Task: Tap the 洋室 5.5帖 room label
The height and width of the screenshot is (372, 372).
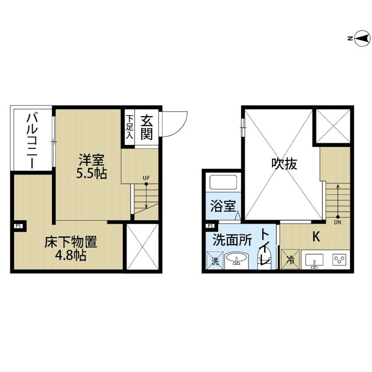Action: click(x=91, y=166)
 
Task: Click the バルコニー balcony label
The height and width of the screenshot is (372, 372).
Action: click(x=33, y=141)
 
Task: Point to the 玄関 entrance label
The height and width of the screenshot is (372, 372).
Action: click(x=146, y=127)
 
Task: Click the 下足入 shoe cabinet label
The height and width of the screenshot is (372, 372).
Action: click(x=130, y=127)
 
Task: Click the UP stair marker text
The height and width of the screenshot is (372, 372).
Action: click(x=146, y=178)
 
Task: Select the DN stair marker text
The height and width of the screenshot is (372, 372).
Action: click(x=338, y=222)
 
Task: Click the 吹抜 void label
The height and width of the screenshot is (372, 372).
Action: click(x=284, y=164)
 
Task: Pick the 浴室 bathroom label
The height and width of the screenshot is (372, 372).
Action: click(x=223, y=206)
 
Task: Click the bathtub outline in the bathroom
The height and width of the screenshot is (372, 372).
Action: click(x=223, y=183)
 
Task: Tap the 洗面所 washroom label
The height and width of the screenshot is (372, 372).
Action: click(x=232, y=240)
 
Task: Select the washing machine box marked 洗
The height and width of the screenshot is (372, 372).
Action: click(x=215, y=260)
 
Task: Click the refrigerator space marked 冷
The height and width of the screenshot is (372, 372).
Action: click(x=290, y=259)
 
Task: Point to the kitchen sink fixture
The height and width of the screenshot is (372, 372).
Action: click(x=314, y=261)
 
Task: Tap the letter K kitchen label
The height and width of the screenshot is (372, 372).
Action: click(x=316, y=237)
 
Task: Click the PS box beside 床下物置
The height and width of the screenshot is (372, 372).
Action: click(x=19, y=226)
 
